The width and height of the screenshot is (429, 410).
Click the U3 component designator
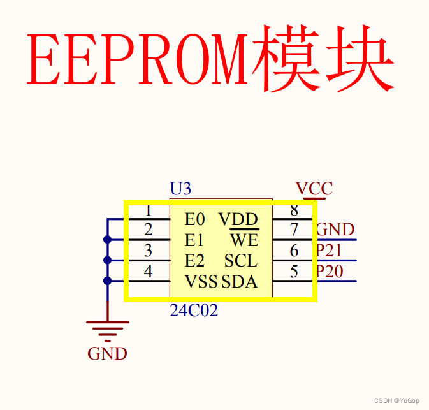[x=180, y=189]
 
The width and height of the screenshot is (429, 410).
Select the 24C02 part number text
[x=194, y=311]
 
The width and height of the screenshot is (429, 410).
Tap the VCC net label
[x=314, y=189]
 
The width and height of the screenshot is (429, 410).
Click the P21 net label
[x=330, y=251]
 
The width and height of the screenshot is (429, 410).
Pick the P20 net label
[x=330, y=272]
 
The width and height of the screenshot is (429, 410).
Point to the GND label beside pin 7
[x=335, y=230]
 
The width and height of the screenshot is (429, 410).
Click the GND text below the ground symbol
[x=107, y=353]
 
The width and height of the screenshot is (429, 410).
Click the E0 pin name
[x=195, y=220]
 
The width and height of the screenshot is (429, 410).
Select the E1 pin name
[x=194, y=240]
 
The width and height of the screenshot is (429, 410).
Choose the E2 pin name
[x=195, y=261]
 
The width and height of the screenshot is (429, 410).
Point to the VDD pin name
[x=238, y=220]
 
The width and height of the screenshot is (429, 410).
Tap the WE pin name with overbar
[x=244, y=240]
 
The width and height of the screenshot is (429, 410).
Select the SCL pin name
[x=241, y=261]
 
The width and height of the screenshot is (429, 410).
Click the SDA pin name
[x=240, y=281]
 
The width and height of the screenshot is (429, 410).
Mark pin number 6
[x=294, y=251]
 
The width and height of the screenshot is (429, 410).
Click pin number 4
[x=148, y=272]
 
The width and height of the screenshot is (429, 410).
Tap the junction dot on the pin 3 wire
[x=107, y=260]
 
